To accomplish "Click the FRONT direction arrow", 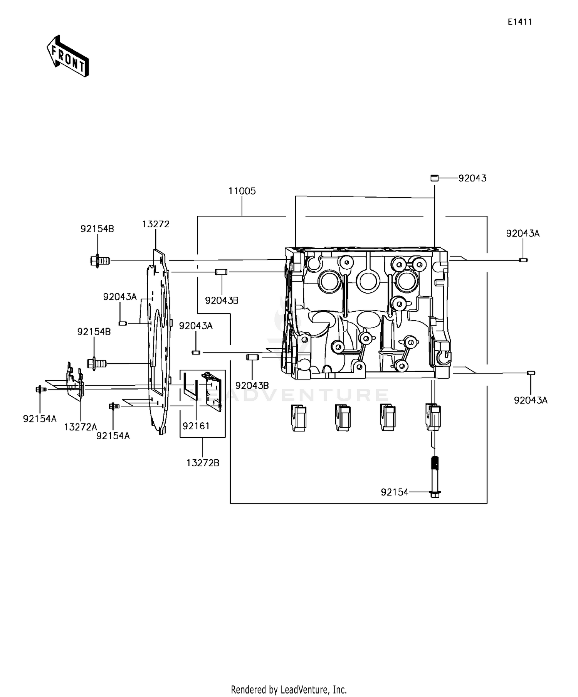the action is [68, 56].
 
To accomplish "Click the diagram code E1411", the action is [519, 22].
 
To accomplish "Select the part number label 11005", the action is [242, 191].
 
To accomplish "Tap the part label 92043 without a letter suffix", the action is [472, 178].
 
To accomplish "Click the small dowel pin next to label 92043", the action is [435, 178].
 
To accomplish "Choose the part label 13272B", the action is [203, 463].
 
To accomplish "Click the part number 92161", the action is [196, 426].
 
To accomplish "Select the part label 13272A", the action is [81, 427].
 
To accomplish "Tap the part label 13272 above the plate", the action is [156, 224].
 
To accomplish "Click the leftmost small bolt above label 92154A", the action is [40, 390].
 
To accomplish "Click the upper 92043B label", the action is [222, 301].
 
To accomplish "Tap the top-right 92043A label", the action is [523, 233].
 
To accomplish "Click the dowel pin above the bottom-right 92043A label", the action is [531, 373].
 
